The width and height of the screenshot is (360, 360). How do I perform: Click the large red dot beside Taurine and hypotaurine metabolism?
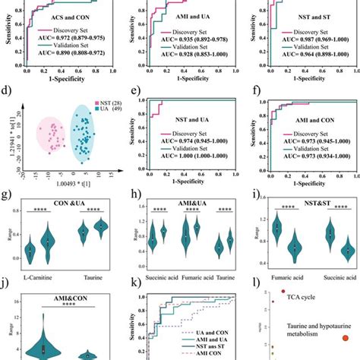tap(346, 339)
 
